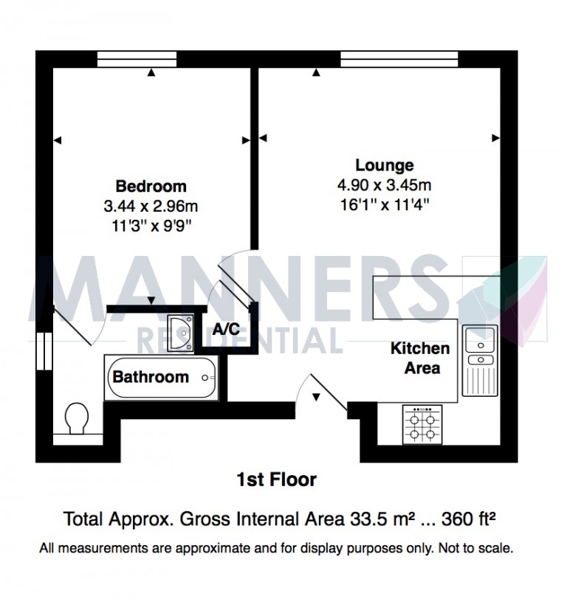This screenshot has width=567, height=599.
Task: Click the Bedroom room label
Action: [x=151, y=186]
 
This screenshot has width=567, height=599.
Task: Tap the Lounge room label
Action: [x=384, y=165]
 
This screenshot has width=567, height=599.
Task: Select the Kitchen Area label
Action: [x=419, y=357]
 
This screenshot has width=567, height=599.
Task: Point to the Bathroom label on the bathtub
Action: [x=151, y=377]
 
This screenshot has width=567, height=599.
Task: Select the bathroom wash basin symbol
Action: [x=180, y=330]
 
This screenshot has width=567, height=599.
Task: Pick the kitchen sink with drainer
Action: [x=480, y=360]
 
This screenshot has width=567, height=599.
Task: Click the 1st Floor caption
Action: [x=276, y=480]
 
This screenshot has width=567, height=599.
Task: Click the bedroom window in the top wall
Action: [x=137, y=55]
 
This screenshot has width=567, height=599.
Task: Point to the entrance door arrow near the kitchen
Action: [x=316, y=397]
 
